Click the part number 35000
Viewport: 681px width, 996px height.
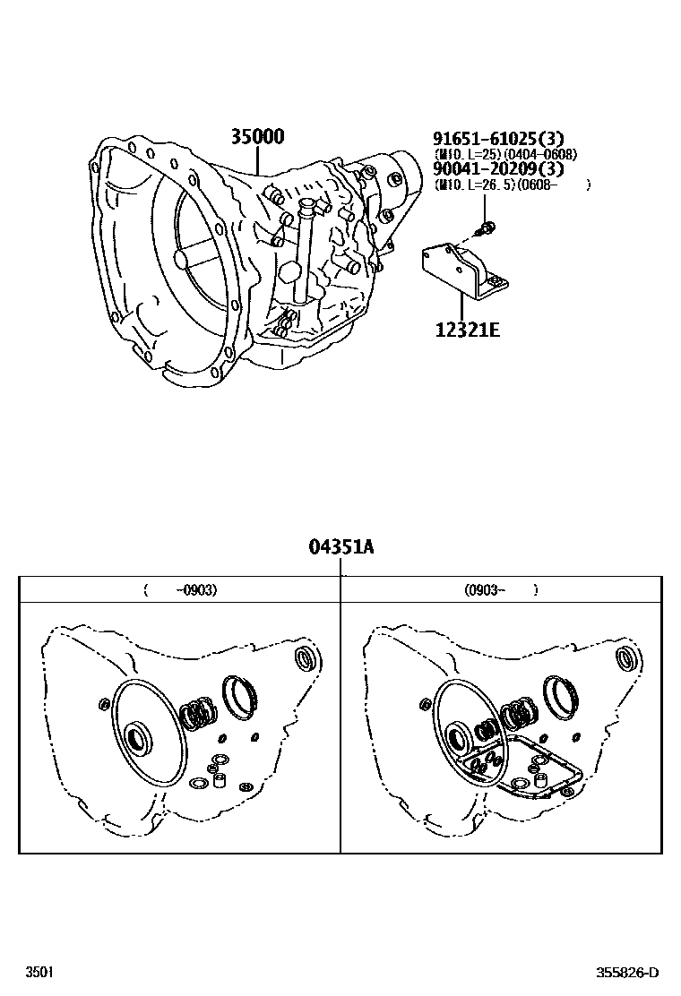[257, 137]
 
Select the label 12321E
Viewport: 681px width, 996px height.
[467, 329]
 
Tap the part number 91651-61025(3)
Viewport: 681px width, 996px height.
[498, 139]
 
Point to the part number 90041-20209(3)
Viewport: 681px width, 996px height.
[498, 169]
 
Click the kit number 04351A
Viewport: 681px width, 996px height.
[340, 546]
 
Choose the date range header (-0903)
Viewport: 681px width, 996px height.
[180, 590]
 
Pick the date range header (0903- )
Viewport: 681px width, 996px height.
[501, 590]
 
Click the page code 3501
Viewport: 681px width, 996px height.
[38, 972]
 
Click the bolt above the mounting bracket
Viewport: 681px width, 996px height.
[487, 229]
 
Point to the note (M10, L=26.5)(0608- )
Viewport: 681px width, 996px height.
[511, 185]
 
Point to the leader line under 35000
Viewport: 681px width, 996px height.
[258, 160]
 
